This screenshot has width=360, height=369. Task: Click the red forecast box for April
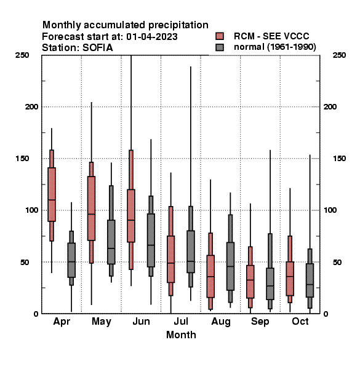point(52,194)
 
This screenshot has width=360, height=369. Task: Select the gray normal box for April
point(71,260)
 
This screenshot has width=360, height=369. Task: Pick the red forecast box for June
point(131,216)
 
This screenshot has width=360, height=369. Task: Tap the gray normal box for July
point(191,252)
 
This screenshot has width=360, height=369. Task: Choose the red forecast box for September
point(250,282)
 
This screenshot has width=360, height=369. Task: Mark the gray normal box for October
point(310,280)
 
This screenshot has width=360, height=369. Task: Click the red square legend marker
point(220,36)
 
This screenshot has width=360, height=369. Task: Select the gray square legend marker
point(220,47)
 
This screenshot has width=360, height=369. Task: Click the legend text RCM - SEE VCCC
point(271,36)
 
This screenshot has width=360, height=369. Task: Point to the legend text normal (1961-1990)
point(274,47)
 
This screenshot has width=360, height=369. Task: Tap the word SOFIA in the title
point(98,48)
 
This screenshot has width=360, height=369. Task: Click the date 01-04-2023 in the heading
point(152,37)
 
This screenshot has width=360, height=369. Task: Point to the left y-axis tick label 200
point(31,106)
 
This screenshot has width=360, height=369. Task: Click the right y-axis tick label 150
point(340,159)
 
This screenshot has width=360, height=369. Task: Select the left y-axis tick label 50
point(25,262)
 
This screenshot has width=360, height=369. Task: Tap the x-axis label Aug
point(221,322)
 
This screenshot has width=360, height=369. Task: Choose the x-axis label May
point(102,322)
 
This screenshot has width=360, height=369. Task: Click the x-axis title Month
point(181,335)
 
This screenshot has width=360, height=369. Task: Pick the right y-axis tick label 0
point(326,314)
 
